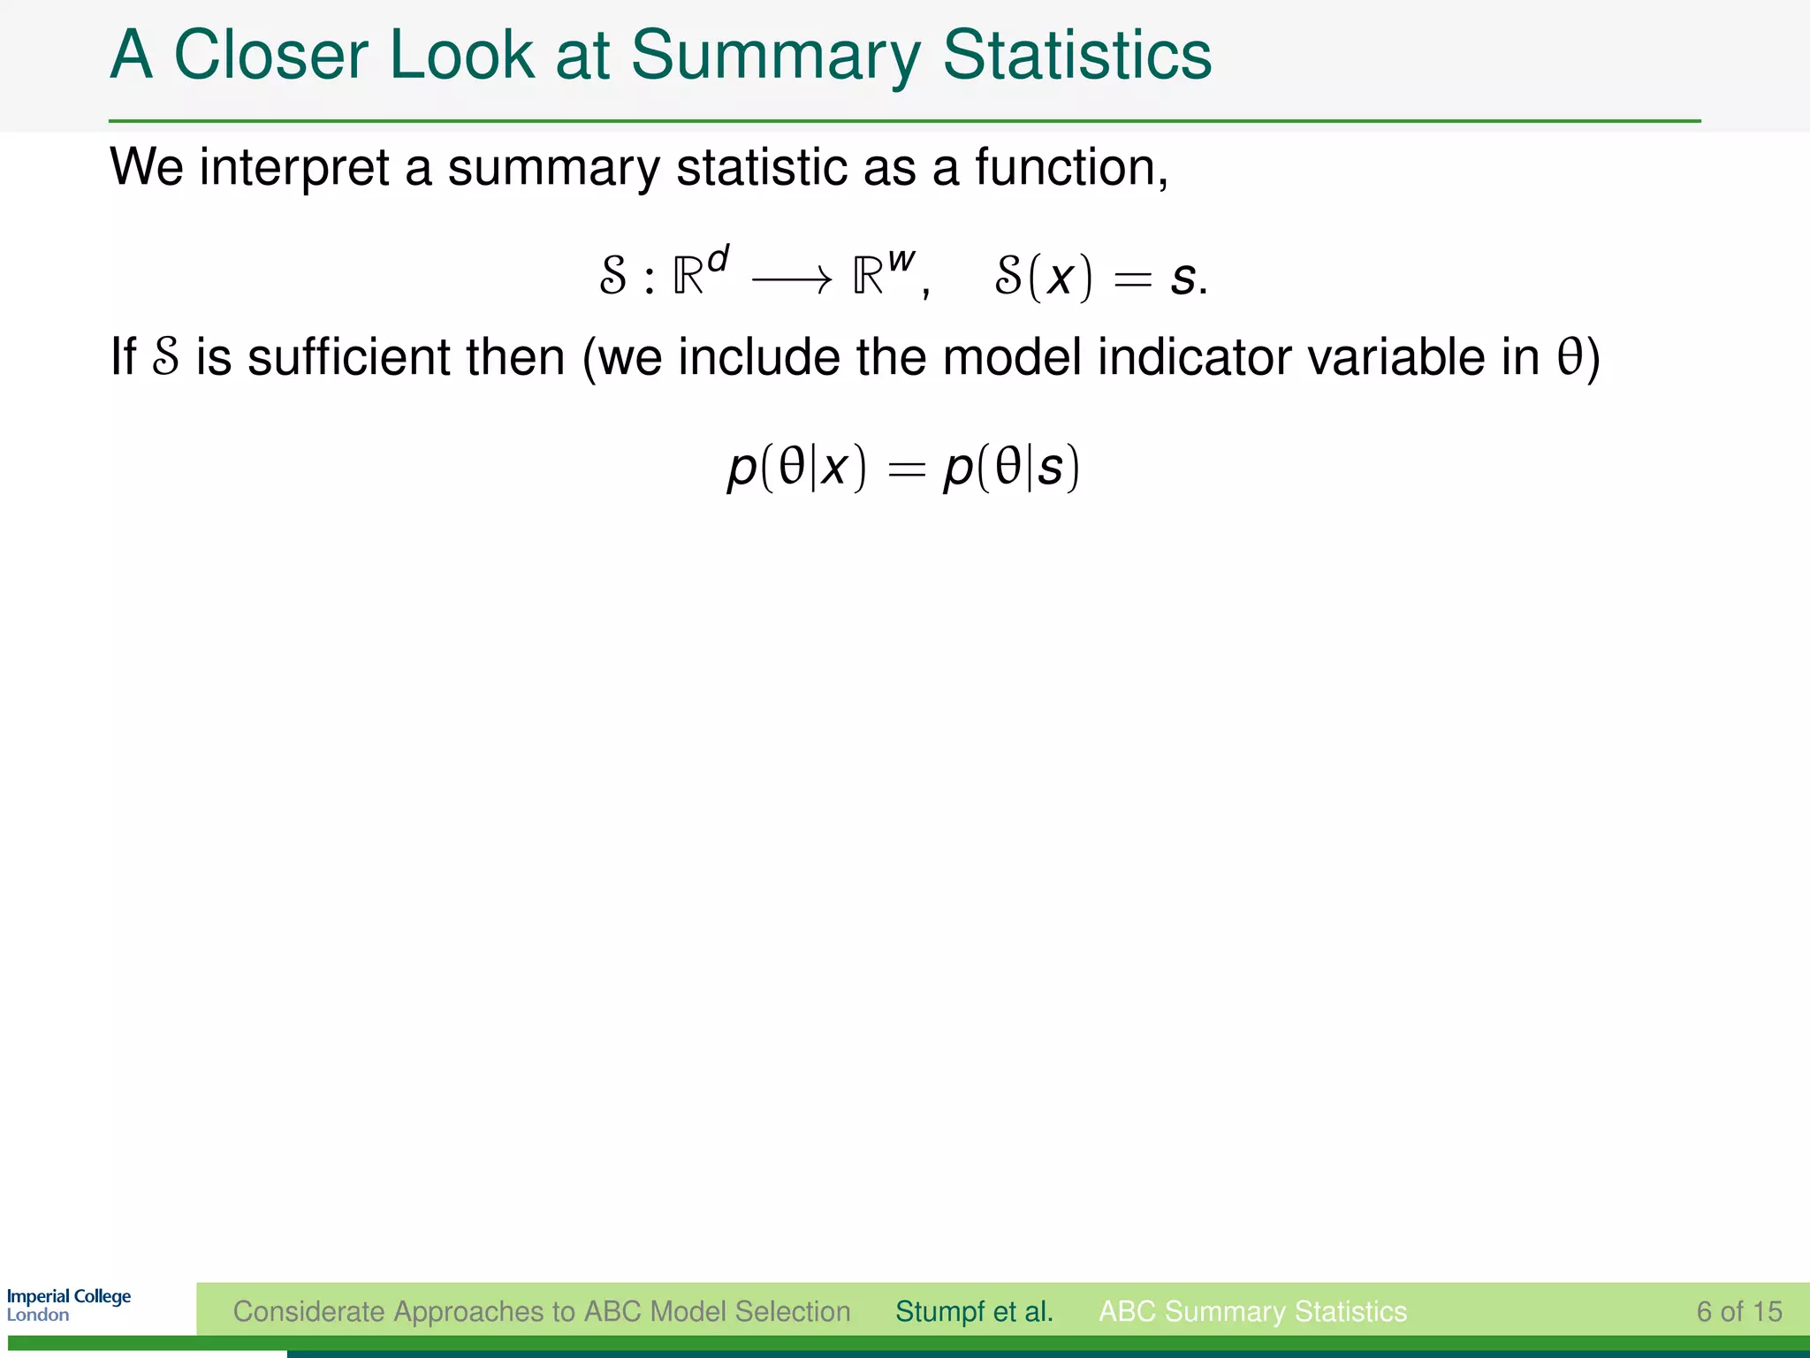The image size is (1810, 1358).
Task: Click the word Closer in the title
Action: (270, 55)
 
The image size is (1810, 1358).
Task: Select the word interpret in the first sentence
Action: (294, 167)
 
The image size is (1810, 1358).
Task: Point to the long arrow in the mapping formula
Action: (791, 280)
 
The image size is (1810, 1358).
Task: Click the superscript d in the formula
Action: (718, 259)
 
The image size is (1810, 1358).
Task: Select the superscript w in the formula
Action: (901, 260)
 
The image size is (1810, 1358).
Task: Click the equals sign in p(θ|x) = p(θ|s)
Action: (906, 470)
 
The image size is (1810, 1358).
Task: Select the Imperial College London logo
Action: (68, 1305)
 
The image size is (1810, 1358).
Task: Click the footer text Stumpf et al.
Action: (974, 1311)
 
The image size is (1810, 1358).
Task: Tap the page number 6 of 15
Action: (1738, 1311)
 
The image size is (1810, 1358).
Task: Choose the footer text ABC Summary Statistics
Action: (1252, 1311)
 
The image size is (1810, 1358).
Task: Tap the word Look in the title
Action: (461, 55)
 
